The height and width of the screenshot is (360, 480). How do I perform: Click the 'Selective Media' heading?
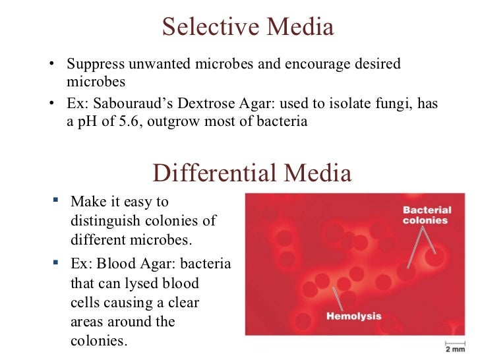tap(248, 28)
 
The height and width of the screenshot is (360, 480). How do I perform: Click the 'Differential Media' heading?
tap(252, 173)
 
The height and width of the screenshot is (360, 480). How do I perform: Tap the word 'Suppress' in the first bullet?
tap(94, 65)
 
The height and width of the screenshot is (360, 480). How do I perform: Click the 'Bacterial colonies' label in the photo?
tap(427, 216)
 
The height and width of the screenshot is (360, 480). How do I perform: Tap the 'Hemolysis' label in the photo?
tap(353, 316)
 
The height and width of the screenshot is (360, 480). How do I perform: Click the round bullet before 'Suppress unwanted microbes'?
tap(52, 65)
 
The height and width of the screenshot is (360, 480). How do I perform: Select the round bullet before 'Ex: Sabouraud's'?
tap(52, 105)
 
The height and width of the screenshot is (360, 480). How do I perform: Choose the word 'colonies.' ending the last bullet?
tap(98, 342)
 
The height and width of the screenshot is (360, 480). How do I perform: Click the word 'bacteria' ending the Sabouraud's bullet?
tap(286, 122)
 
